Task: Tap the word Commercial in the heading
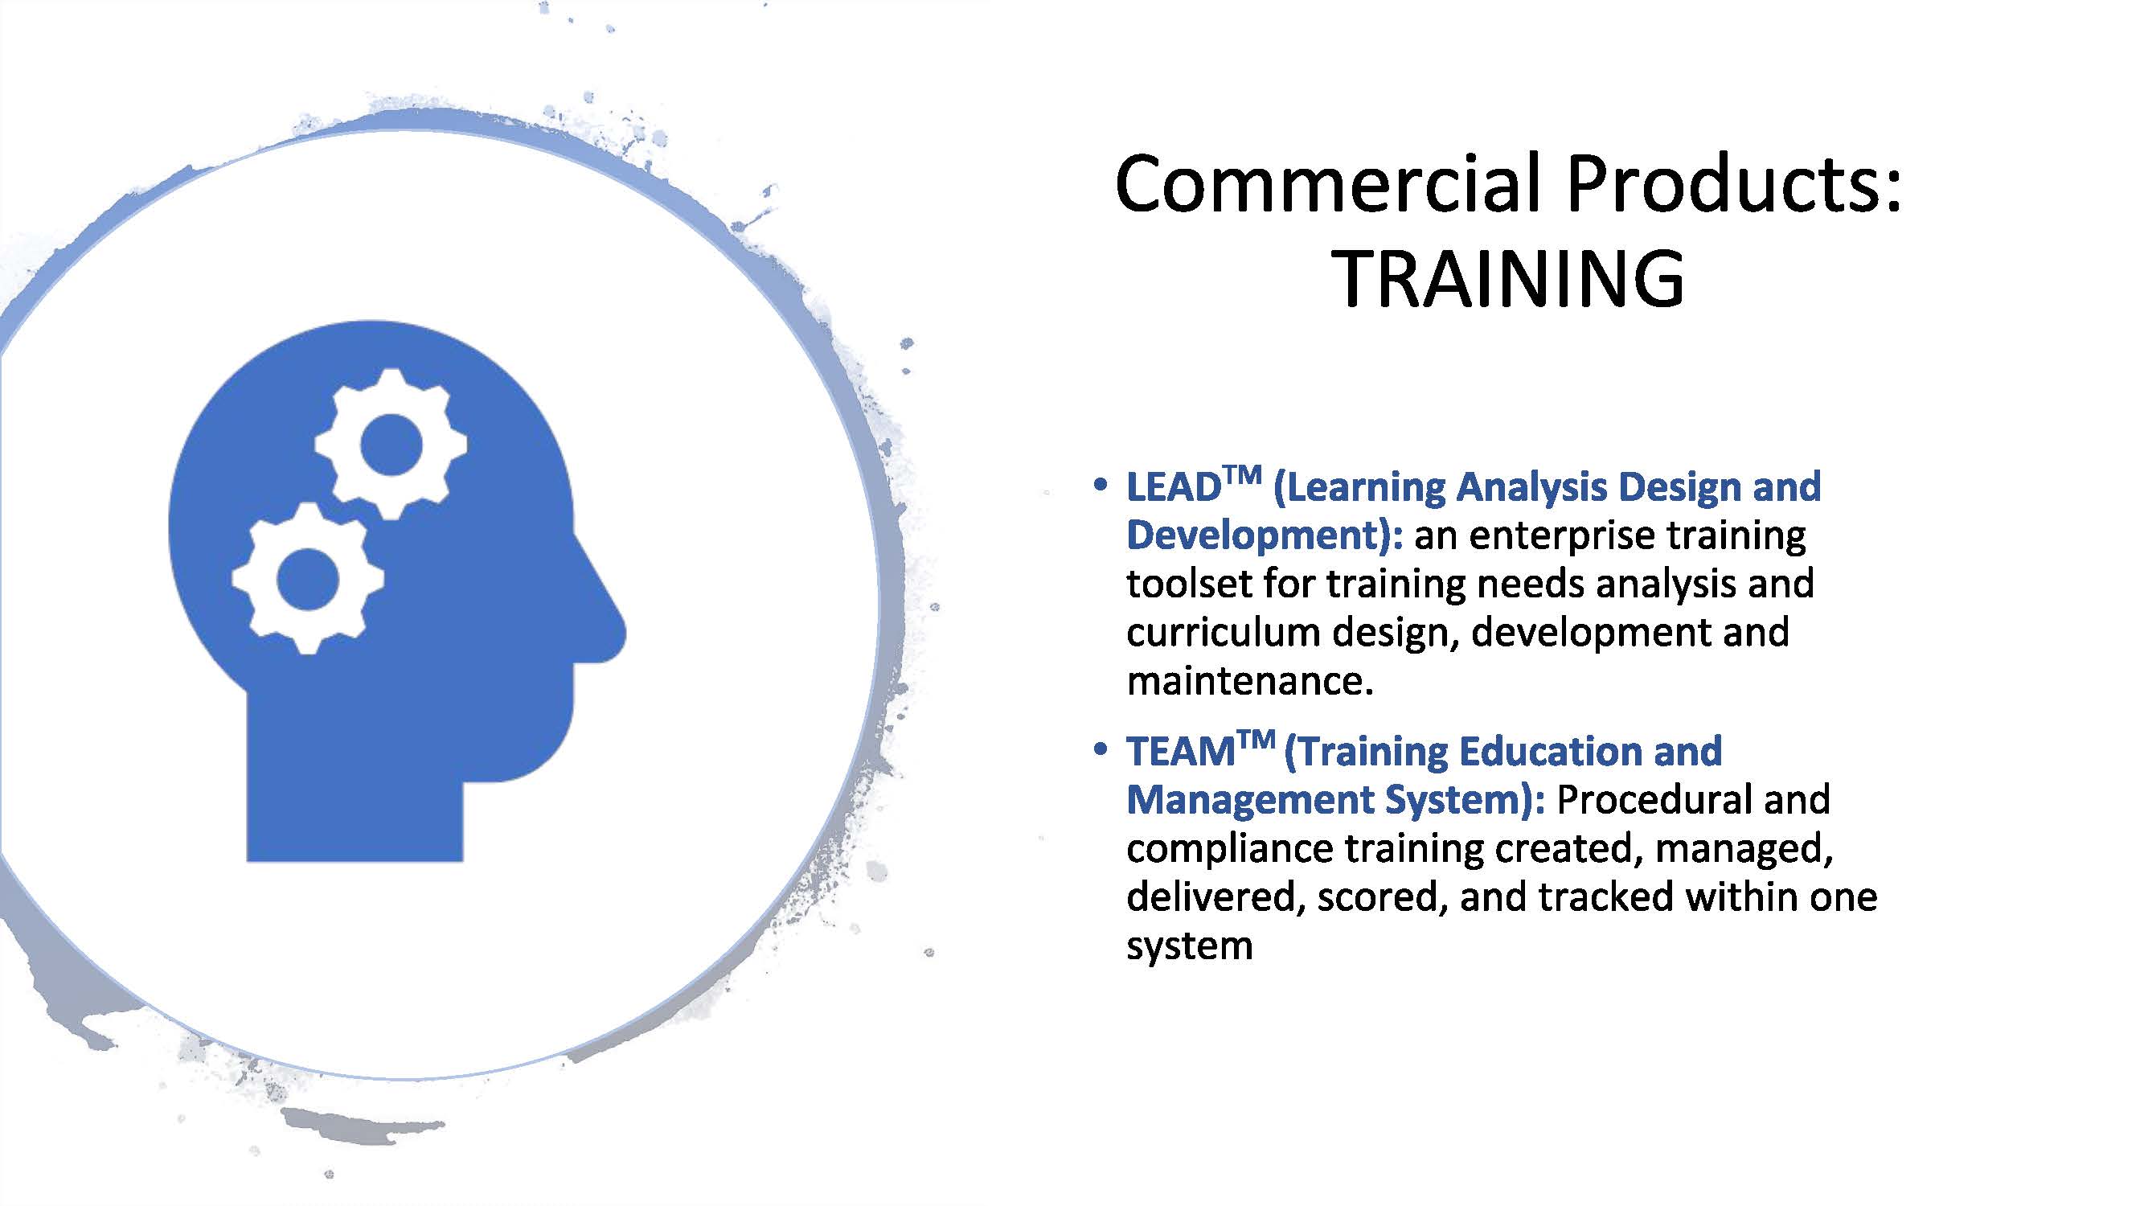click(x=1330, y=184)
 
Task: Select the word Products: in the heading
click(x=1735, y=184)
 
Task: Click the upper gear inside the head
click(x=391, y=445)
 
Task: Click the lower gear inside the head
click(x=308, y=578)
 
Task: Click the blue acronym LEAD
click(x=1173, y=489)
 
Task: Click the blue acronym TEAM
click(x=1181, y=753)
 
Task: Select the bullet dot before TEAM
click(x=1101, y=749)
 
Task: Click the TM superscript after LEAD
click(x=1242, y=476)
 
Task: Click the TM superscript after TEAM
click(x=1256, y=740)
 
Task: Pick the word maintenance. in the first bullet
click(x=1249, y=682)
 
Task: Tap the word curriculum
click(x=1222, y=633)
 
